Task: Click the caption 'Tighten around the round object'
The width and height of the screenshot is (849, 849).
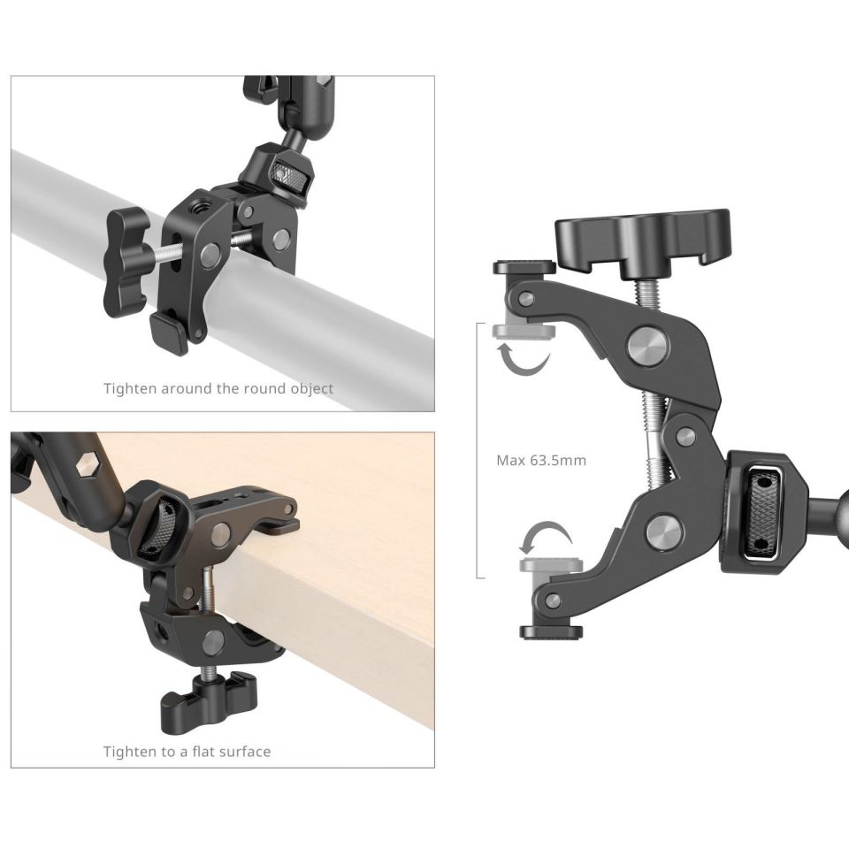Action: [218, 388]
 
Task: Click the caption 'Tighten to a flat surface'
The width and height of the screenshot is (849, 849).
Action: [187, 752]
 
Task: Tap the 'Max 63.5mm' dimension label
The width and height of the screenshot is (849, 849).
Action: [541, 460]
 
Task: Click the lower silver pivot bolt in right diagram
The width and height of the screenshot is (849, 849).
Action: [662, 532]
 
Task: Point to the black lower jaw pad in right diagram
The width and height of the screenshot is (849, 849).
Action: [551, 631]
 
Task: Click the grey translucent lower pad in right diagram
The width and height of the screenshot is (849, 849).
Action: [540, 565]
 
